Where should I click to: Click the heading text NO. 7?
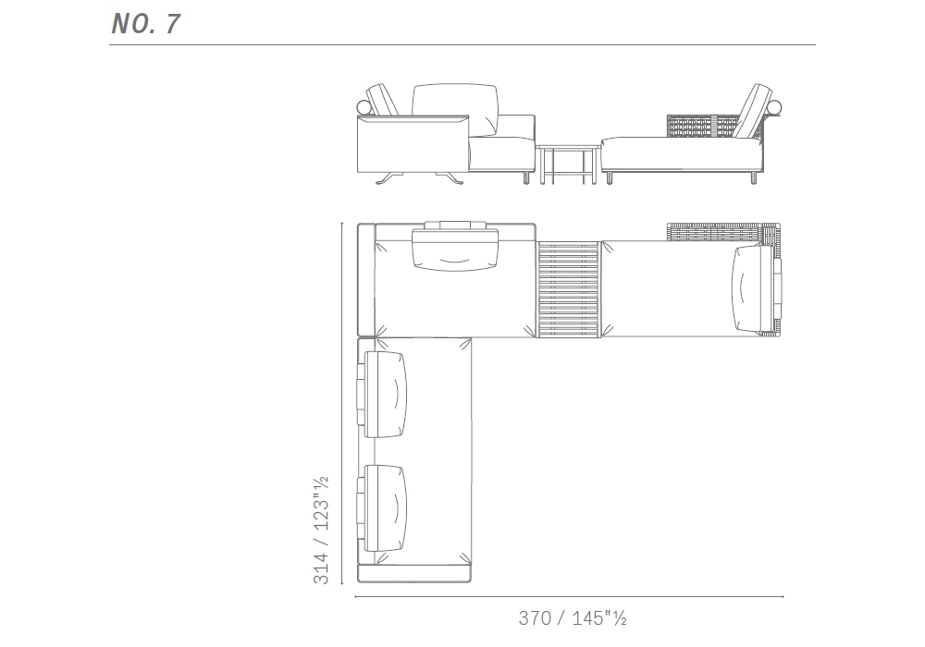click(145, 24)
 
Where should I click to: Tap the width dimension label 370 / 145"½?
click(573, 618)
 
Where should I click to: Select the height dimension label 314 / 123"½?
click(321, 530)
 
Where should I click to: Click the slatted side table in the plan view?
click(569, 289)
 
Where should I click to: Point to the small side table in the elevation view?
click(568, 165)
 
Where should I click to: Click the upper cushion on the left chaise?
click(385, 395)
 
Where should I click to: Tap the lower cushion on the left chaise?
click(385, 508)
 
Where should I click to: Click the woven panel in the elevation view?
click(702, 128)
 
